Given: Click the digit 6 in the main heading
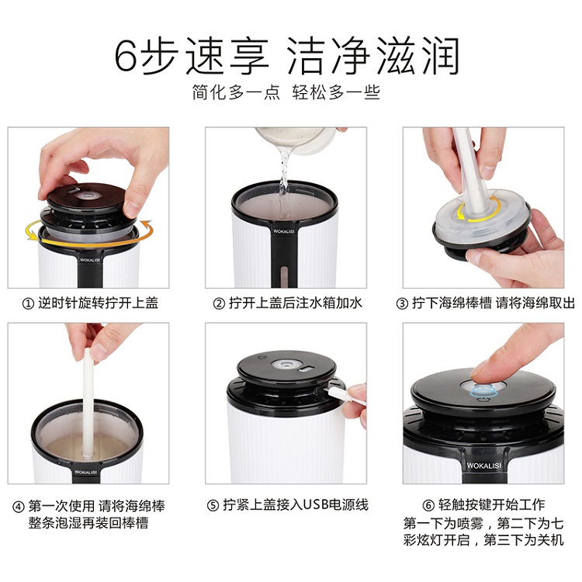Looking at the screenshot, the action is [x=126, y=55].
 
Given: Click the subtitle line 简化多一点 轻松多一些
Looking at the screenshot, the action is [x=286, y=92].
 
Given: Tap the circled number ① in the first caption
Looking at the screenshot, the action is [x=28, y=304].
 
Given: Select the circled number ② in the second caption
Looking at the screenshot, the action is [x=219, y=304].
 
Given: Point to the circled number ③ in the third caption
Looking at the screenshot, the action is [x=402, y=304].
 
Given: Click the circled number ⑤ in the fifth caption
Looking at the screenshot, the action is [x=213, y=505].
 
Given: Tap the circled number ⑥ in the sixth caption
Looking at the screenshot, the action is [x=428, y=505].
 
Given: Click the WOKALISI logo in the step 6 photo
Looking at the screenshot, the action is [x=483, y=466].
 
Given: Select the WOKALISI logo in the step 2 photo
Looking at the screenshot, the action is [x=283, y=231].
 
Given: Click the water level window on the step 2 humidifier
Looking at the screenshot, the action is [x=284, y=274].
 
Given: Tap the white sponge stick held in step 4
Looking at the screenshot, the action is [x=88, y=403].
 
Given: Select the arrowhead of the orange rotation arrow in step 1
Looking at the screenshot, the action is [x=147, y=225].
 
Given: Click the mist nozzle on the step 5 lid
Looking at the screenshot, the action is [x=286, y=364].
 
